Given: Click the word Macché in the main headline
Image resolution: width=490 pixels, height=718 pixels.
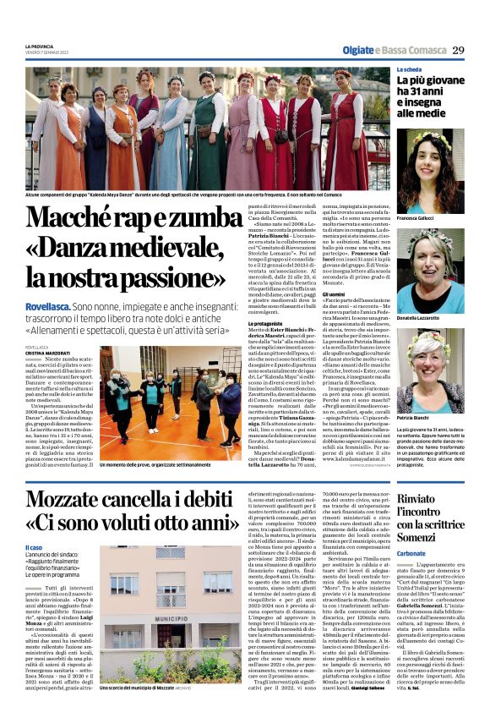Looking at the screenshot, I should [x=79, y=219].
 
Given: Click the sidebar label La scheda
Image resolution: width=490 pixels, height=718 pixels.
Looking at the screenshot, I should [x=410, y=69].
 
